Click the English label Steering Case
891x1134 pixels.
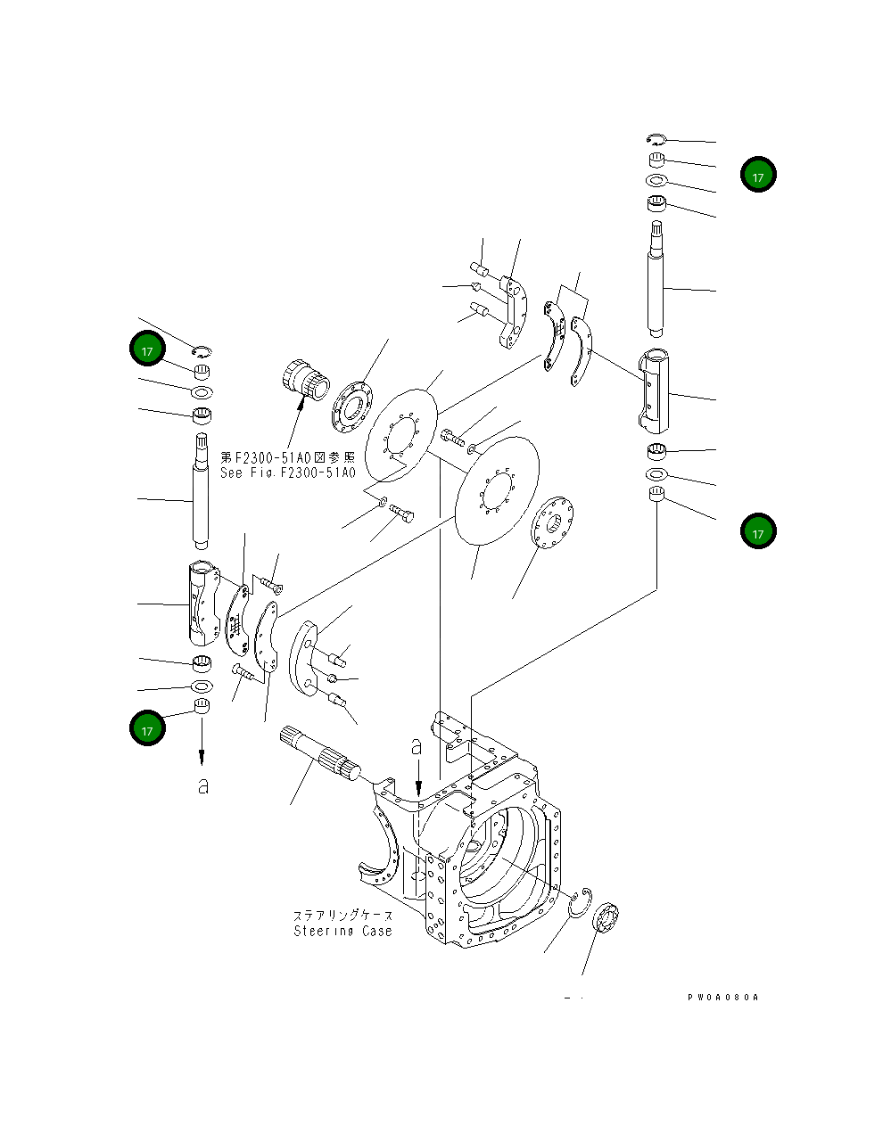pos(342,931)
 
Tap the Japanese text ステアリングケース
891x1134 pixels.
pos(342,916)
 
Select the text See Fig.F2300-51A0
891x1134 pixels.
pos(287,473)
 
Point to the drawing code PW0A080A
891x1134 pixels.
pos(722,998)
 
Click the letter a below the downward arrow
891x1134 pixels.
pos(203,786)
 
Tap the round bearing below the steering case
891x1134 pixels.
pos(607,919)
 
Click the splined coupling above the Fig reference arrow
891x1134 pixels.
pos(303,380)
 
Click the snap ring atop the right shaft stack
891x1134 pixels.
pos(656,138)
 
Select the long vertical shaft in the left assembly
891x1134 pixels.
pos(202,490)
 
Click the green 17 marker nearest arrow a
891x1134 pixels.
pos(148,728)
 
